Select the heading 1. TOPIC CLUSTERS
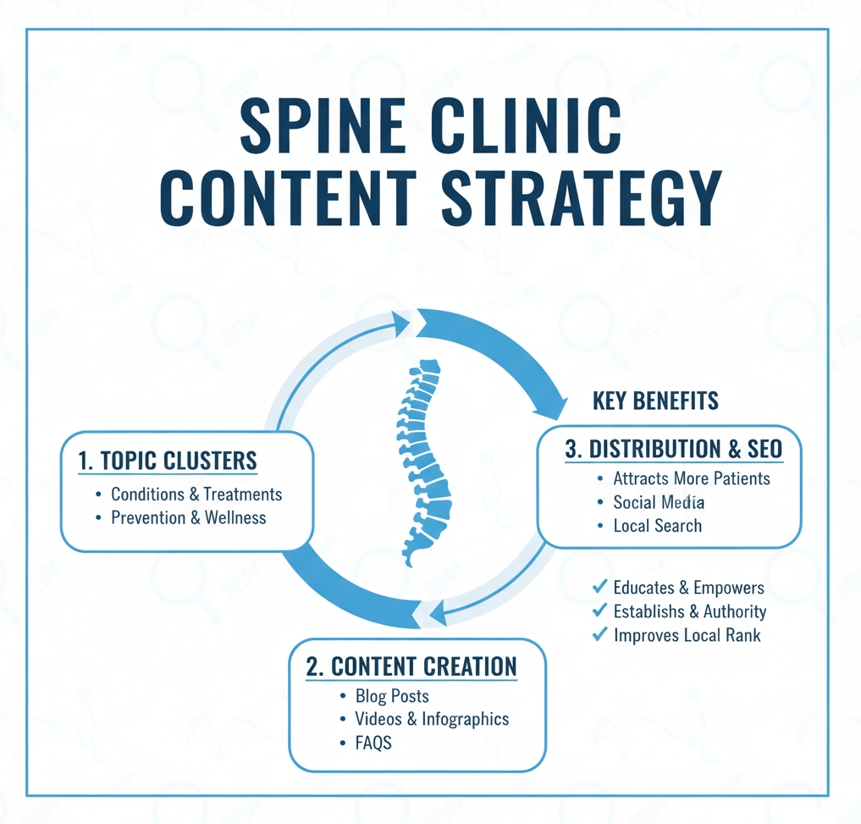point(167,462)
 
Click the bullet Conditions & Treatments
point(196,494)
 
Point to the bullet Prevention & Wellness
point(188,517)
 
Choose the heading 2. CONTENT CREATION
point(411,666)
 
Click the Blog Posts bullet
point(391,696)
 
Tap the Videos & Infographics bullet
point(431,719)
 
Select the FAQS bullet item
point(373,743)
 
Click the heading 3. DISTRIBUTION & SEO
point(673,450)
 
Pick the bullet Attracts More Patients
point(691,478)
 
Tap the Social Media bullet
point(659,502)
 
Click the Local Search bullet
point(657,526)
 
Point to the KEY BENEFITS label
point(655,401)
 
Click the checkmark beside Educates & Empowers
point(599,586)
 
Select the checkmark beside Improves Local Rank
point(599,633)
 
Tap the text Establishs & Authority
point(689,611)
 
